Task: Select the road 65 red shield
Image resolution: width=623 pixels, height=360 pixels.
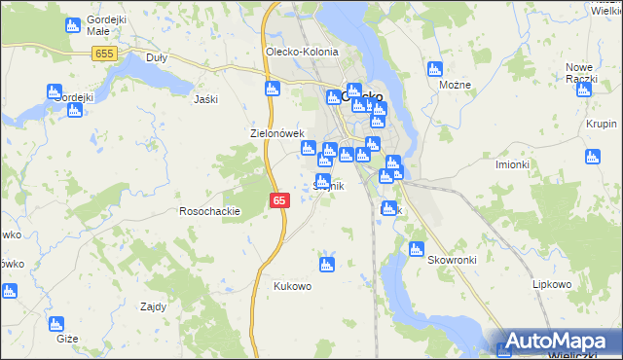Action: tap(279, 199)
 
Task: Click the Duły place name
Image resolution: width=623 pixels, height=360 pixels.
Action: tap(156, 57)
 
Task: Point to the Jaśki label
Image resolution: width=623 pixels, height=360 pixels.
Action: tap(205, 99)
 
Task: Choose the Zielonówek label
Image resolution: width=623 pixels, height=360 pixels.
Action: tap(278, 133)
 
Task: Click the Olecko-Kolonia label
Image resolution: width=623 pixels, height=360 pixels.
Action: tap(302, 52)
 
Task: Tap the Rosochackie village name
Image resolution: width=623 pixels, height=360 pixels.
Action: tap(209, 211)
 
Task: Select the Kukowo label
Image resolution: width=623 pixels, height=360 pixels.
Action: tap(292, 286)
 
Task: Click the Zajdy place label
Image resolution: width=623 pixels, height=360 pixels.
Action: tap(153, 306)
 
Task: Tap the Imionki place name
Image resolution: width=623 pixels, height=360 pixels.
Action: tap(512, 163)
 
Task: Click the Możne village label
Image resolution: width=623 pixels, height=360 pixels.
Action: tap(455, 85)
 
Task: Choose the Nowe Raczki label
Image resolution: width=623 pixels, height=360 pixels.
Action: tap(580, 72)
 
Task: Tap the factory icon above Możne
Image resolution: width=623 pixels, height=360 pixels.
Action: tap(435, 68)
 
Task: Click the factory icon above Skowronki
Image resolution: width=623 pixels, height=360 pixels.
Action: tap(417, 248)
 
